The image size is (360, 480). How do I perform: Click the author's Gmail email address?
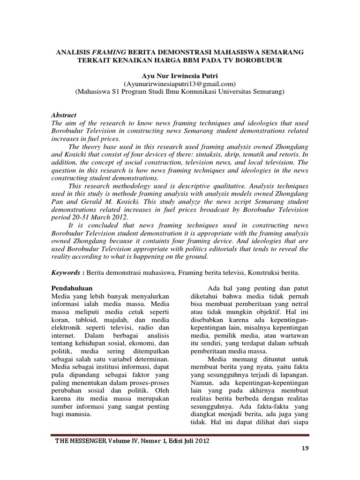(x=180, y=83)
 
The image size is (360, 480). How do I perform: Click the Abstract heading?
(x=63, y=115)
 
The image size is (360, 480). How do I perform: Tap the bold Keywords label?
(x=65, y=272)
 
